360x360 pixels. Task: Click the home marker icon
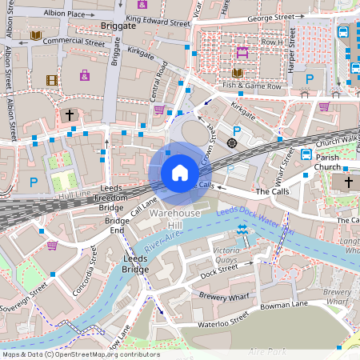180,172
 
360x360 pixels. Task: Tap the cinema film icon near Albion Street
52,79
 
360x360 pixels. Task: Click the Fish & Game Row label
252,86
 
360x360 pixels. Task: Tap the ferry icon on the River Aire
242,230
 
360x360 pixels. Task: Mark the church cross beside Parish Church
348,182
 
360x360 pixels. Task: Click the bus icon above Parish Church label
306,154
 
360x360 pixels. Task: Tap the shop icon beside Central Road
159,110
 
